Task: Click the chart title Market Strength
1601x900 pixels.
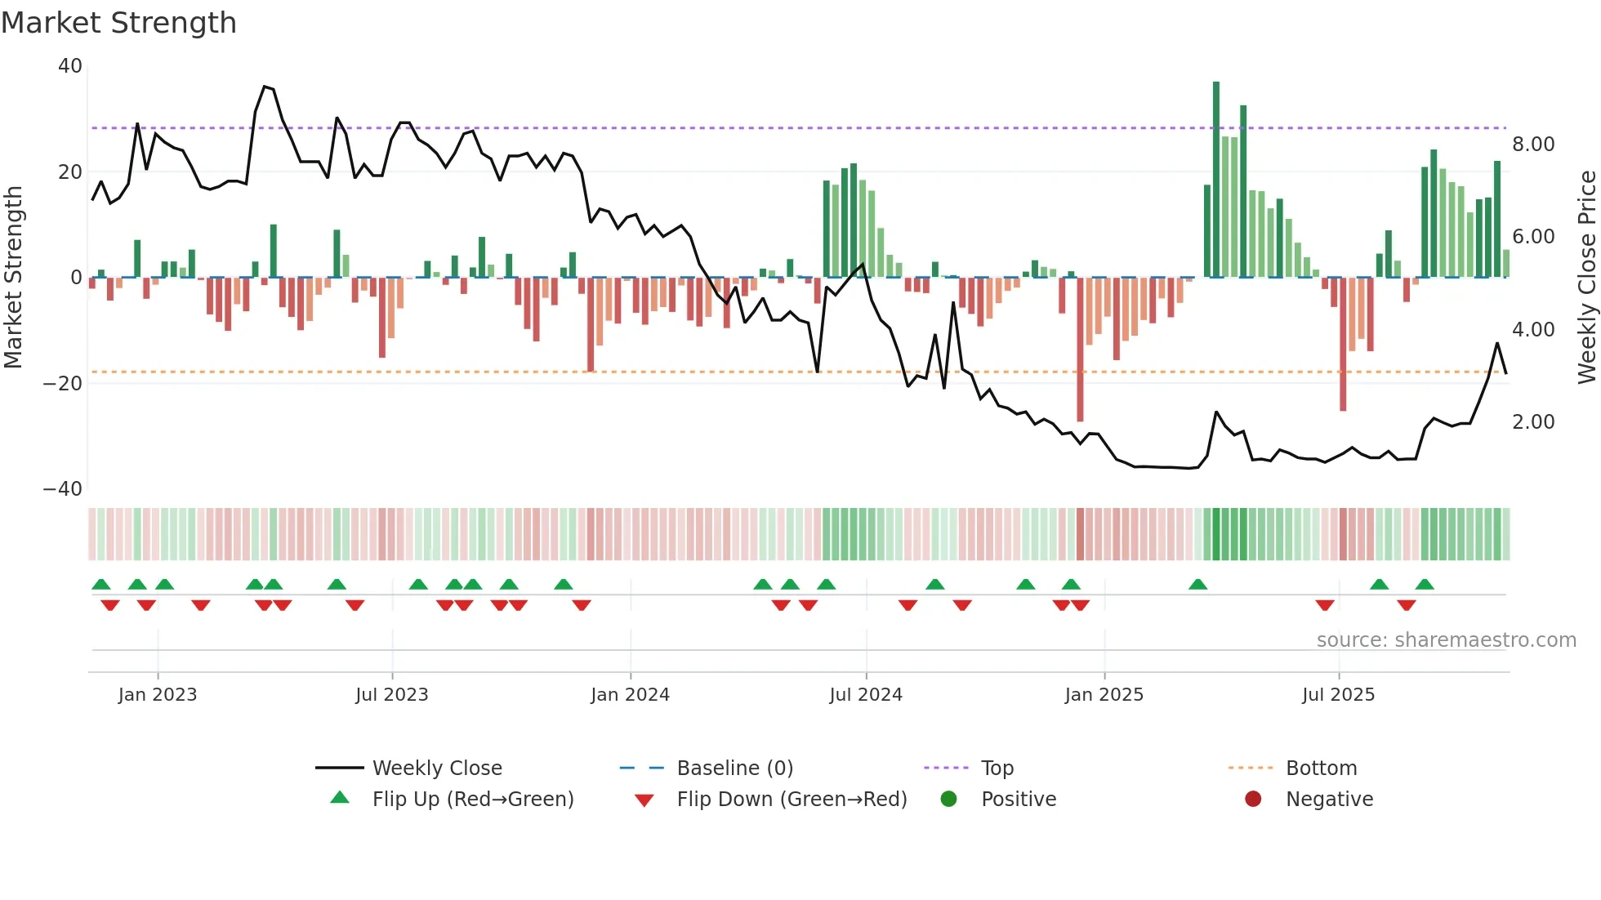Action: [118, 23]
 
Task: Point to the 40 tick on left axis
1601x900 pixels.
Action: [70, 66]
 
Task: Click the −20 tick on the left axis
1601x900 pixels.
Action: [63, 383]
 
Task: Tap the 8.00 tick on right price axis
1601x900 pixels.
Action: [1533, 145]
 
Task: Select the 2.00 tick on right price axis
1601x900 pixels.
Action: [1533, 422]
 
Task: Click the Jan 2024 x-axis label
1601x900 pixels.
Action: [630, 695]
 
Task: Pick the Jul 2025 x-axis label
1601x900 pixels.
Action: [1338, 695]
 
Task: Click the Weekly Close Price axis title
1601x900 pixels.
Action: [1586, 277]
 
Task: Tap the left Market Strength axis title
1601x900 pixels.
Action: [14, 277]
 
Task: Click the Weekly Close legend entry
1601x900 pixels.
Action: [436, 769]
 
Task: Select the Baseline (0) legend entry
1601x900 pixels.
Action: [734, 769]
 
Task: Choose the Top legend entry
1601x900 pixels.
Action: [997, 769]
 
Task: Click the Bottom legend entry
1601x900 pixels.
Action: [1321, 769]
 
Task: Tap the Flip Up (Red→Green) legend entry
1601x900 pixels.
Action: [472, 800]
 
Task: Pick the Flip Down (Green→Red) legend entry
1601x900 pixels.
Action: [791, 800]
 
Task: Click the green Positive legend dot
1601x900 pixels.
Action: [948, 799]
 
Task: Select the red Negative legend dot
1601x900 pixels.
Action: [1253, 799]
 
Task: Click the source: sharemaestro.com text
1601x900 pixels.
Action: [1446, 640]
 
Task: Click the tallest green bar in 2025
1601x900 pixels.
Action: [1216, 180]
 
